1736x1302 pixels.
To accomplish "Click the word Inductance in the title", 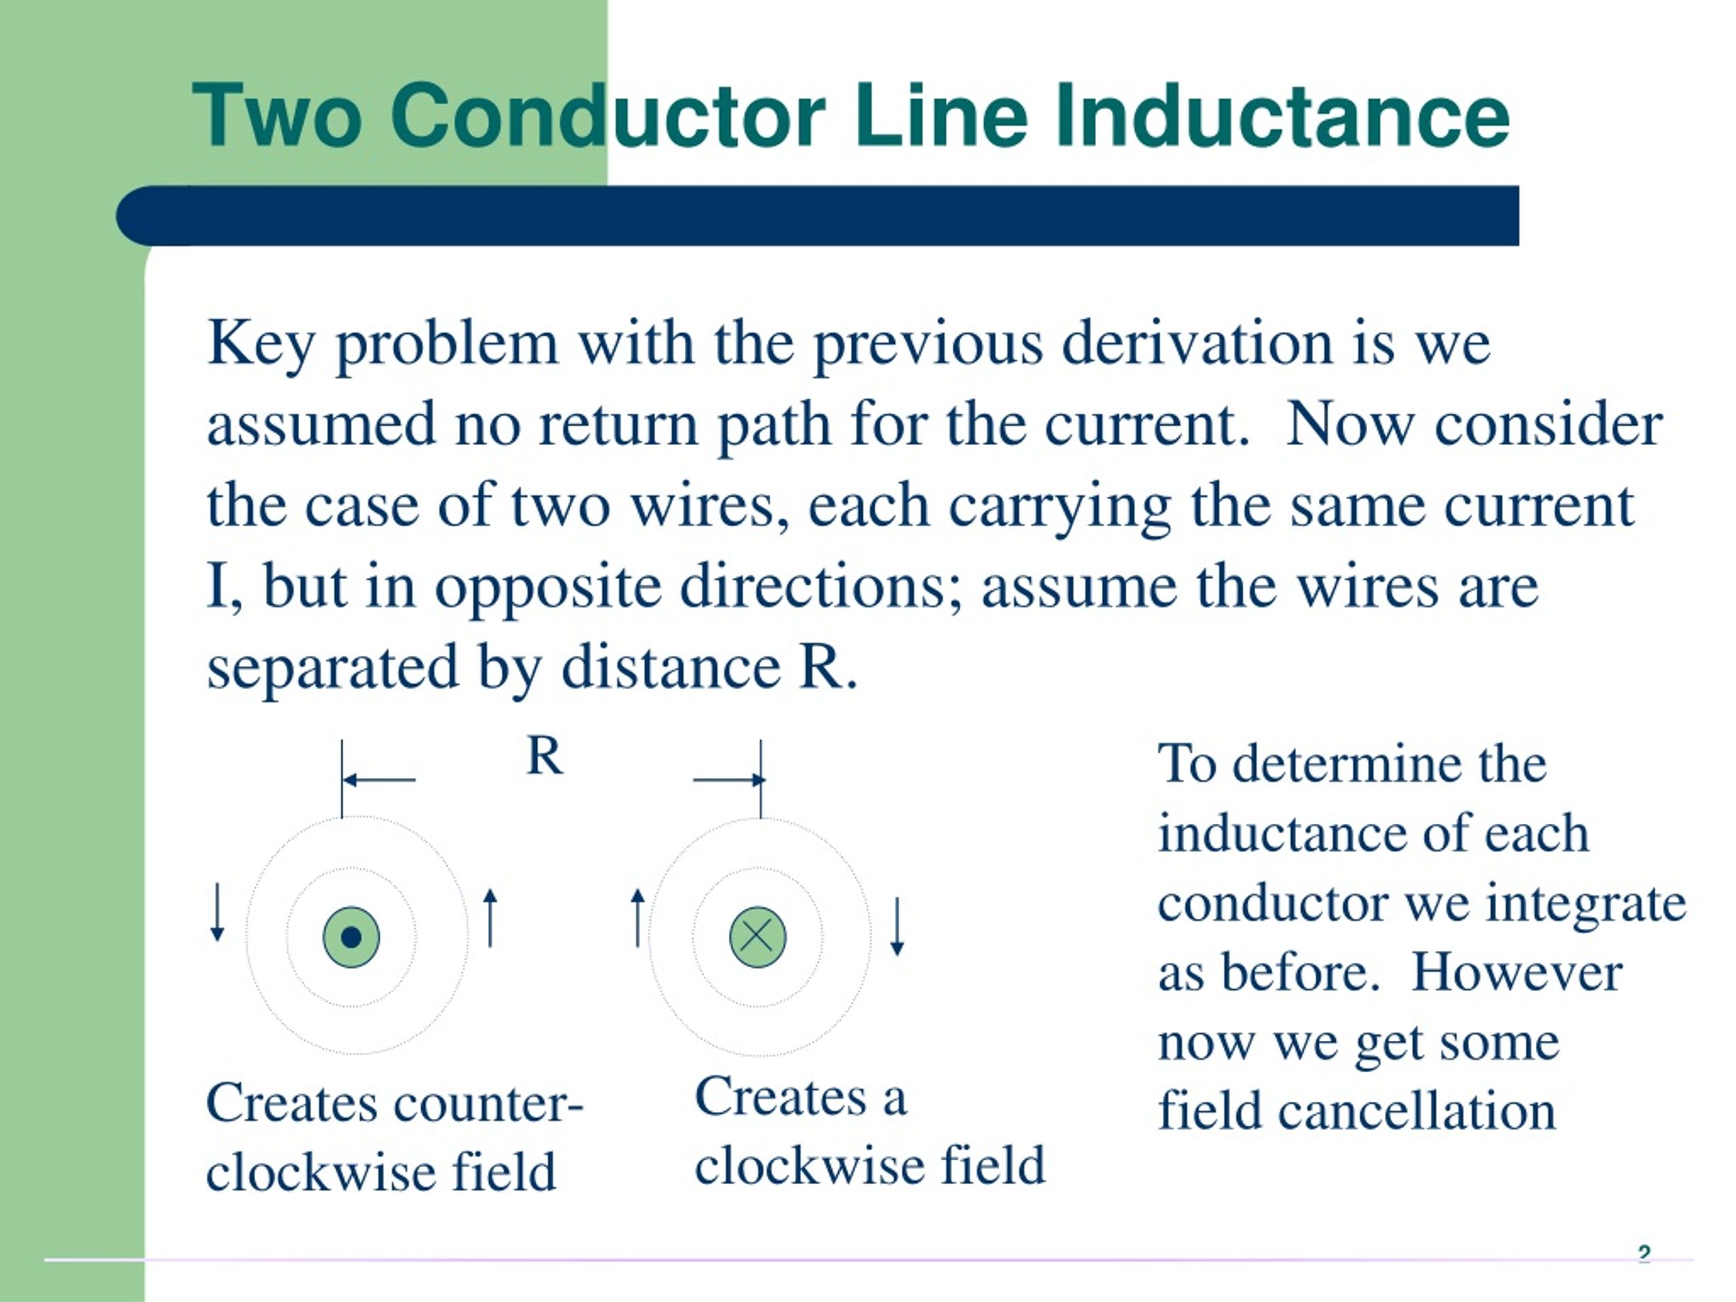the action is (1282, 116).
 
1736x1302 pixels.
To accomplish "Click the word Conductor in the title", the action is (608, 116).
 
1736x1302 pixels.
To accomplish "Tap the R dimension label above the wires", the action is (545, 757).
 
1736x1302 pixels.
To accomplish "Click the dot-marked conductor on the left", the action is (351, 937).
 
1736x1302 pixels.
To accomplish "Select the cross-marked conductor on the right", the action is (757, 937).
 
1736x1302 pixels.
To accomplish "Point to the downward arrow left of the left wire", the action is (218, 912).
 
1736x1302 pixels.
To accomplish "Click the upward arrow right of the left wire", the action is (490, 918).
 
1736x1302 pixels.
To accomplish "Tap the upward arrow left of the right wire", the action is (638, 918).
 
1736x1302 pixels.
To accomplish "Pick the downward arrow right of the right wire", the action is (897, 927).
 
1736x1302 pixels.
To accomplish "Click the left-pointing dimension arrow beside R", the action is (379, 779).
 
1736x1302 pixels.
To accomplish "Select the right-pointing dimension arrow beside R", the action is (729, 779).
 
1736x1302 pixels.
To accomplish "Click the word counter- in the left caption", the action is (488, 1103).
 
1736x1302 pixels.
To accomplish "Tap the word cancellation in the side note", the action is (1417, 1111).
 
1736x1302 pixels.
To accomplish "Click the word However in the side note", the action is (1517, 973).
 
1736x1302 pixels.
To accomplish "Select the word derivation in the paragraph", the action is (1197, 344).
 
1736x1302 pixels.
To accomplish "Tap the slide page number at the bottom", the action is (1644, 1254).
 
